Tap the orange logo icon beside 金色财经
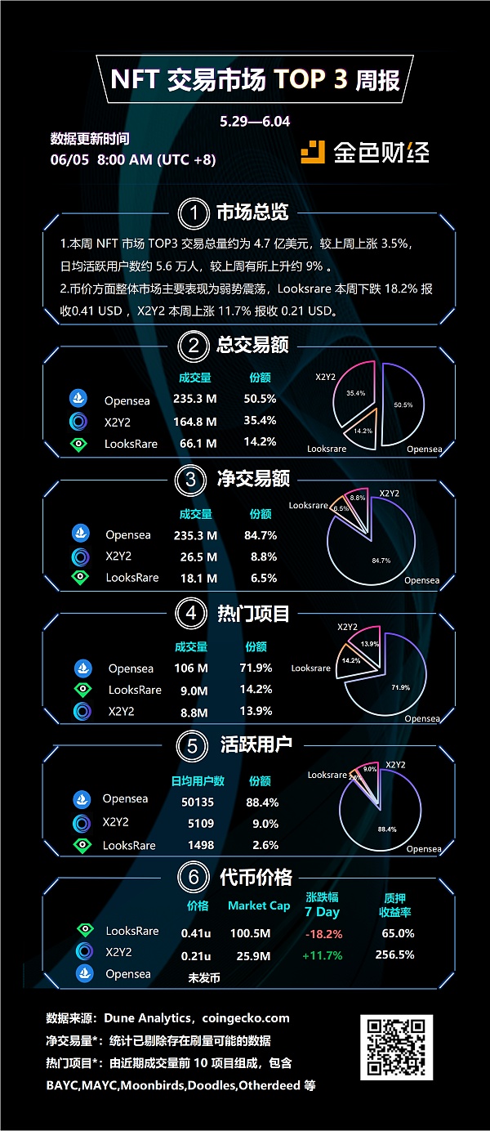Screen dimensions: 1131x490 pyautogui.click(x=314, y=152)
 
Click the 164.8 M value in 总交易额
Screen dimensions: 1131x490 pyautogui.click(x=198, y=422)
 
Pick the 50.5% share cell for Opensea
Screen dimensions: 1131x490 pyautogui.click(x=260, y=400)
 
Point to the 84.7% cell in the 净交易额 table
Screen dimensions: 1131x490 pyautogui.click(x=260, y=536)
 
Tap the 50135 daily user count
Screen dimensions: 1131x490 pyautogui.click(x=197, y=802)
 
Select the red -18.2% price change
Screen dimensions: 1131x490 pyautogui.click(x=323, y=934)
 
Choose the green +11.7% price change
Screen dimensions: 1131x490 pyautogui.click(x=323, y=955)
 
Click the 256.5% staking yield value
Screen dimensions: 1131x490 pyautogui.click(x=394, y=954)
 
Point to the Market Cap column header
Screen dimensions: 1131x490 pyautogui.click(x=259, y=905)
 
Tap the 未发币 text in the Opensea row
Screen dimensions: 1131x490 pyautogui.click(x=204, y=977)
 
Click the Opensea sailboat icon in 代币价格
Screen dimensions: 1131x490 pyautogui.click(x=84, y=973)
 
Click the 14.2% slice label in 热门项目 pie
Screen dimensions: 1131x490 pyautogui.click(x=350, y=660)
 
